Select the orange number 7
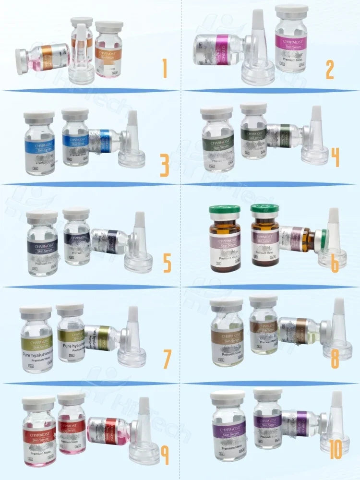tap(167, 359)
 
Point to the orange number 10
tap(336, 450)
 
